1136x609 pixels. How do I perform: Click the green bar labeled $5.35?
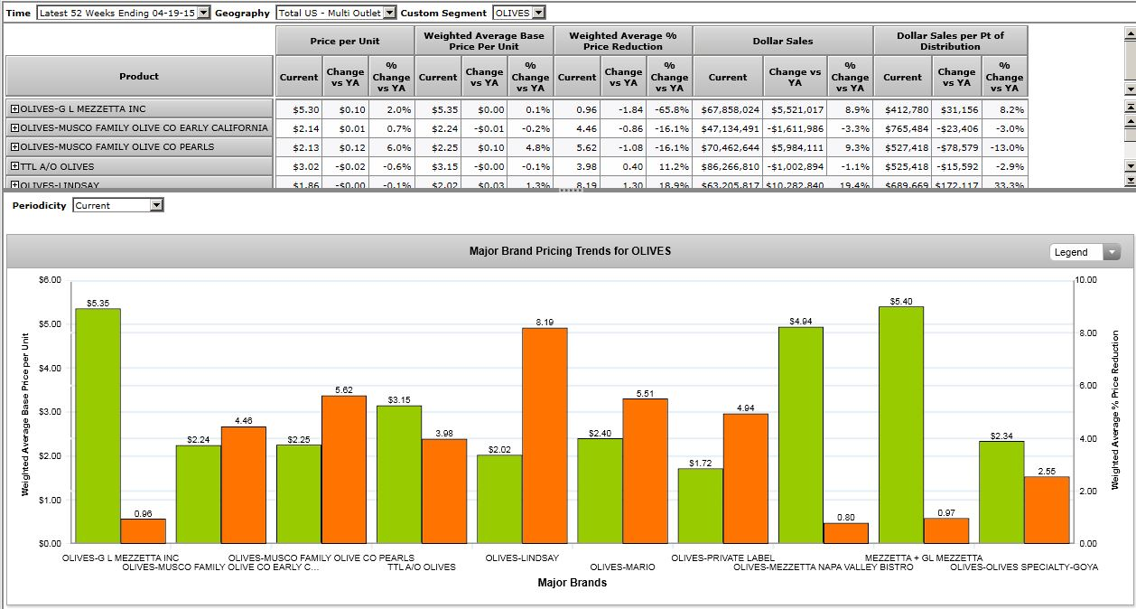point(98,426)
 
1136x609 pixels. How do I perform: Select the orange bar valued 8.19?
point(545,436)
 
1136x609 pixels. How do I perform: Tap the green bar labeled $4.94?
point(800,435)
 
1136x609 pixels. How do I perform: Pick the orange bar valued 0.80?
point(845,533)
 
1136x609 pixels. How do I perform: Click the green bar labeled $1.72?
point(700,506)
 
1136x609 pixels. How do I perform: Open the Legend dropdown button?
point(1085,252)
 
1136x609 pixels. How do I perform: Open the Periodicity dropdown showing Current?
point(118,205)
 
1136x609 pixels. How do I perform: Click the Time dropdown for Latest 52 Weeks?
point(124,13)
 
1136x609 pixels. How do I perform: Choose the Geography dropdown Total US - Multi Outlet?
point(336,13)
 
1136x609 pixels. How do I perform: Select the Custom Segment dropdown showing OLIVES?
point(519,13)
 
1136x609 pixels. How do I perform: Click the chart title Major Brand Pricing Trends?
point(570,251)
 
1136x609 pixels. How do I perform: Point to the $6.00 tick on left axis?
point(50,280)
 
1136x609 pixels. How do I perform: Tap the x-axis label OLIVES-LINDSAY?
point(522,557)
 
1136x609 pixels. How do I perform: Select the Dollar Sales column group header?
point(782,41)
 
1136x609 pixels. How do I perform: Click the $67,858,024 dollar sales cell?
point(730,108)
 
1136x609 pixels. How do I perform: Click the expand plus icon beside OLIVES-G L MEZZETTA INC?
point(14,108)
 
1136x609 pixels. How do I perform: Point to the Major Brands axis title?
point(572,583)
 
